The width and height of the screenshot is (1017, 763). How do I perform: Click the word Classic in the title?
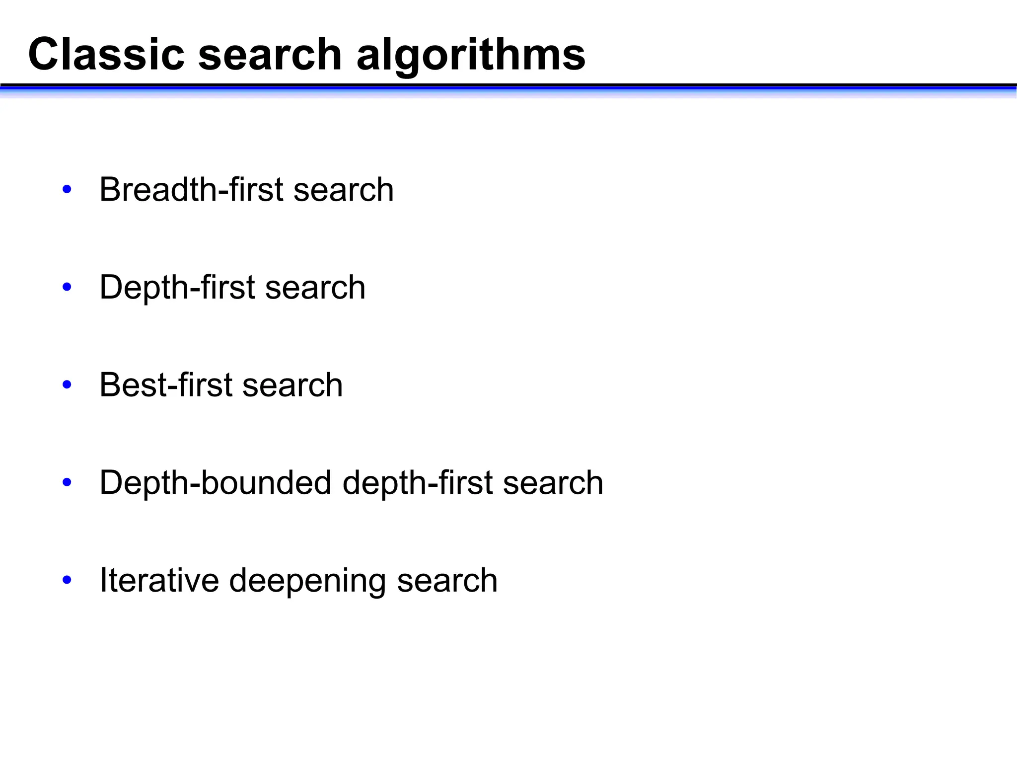pos(106,54)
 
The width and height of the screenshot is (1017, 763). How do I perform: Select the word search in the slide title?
pos(270,54)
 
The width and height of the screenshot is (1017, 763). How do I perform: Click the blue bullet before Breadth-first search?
pos(67,189)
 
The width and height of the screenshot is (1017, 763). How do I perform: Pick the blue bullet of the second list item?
pos(67,287)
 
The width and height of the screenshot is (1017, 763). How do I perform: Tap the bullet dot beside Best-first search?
pos(67,385)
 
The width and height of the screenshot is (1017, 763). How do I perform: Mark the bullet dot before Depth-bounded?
pos(67,482)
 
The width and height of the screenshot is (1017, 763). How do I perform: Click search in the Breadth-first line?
pos(344,189)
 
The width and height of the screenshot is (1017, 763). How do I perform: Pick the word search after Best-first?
pos(292,385)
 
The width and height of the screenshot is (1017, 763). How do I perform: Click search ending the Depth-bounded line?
pos(553,482)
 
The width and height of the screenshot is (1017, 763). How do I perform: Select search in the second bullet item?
pos(315,287)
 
